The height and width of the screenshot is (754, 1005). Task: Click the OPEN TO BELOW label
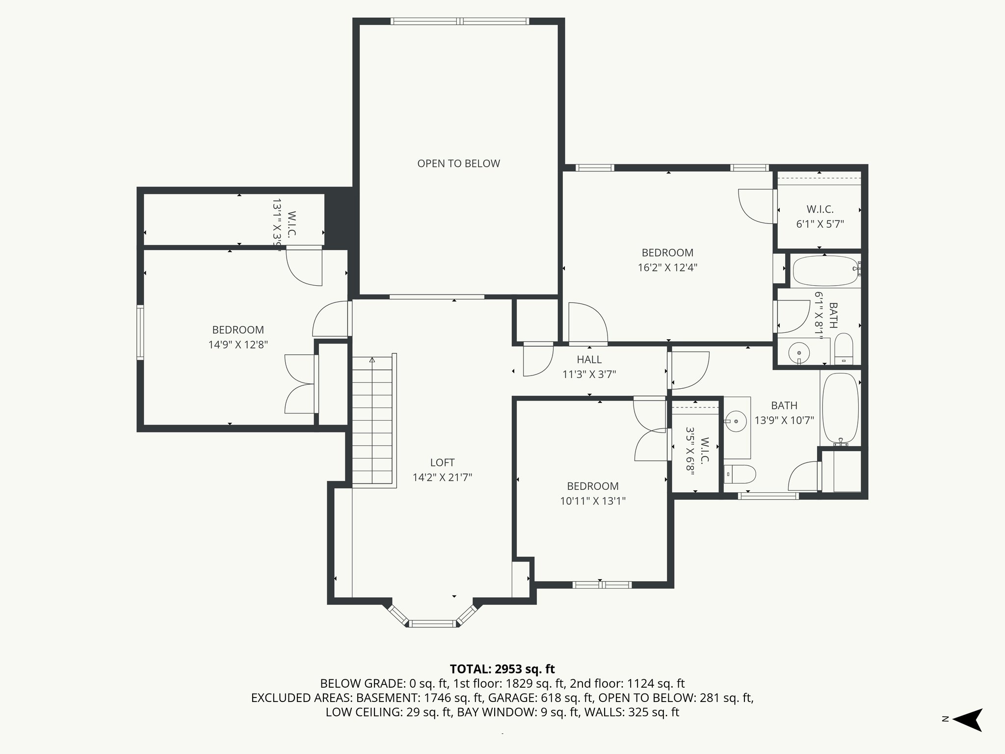pos(458,163)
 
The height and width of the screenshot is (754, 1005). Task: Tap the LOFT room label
pos(442,462)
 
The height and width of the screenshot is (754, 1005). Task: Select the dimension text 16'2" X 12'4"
pos(667,268)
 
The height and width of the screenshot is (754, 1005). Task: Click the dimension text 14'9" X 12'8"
pos(238,345)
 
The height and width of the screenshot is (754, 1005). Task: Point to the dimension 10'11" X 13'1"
pos(593,501)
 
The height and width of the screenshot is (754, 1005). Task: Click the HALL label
pos(589,360)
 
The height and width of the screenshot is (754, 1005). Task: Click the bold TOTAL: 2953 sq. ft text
pos(502,669)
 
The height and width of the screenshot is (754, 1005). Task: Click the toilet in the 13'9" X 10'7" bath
pos(740,474)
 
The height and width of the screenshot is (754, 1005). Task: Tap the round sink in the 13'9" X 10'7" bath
pos(737,421)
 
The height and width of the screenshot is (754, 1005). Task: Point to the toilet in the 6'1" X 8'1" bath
pos(844,350)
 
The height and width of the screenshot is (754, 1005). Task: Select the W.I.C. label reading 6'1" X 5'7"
pos(820,216)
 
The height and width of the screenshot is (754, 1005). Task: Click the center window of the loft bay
pos(432,624)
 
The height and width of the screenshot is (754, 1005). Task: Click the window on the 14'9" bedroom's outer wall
pos(140,332)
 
